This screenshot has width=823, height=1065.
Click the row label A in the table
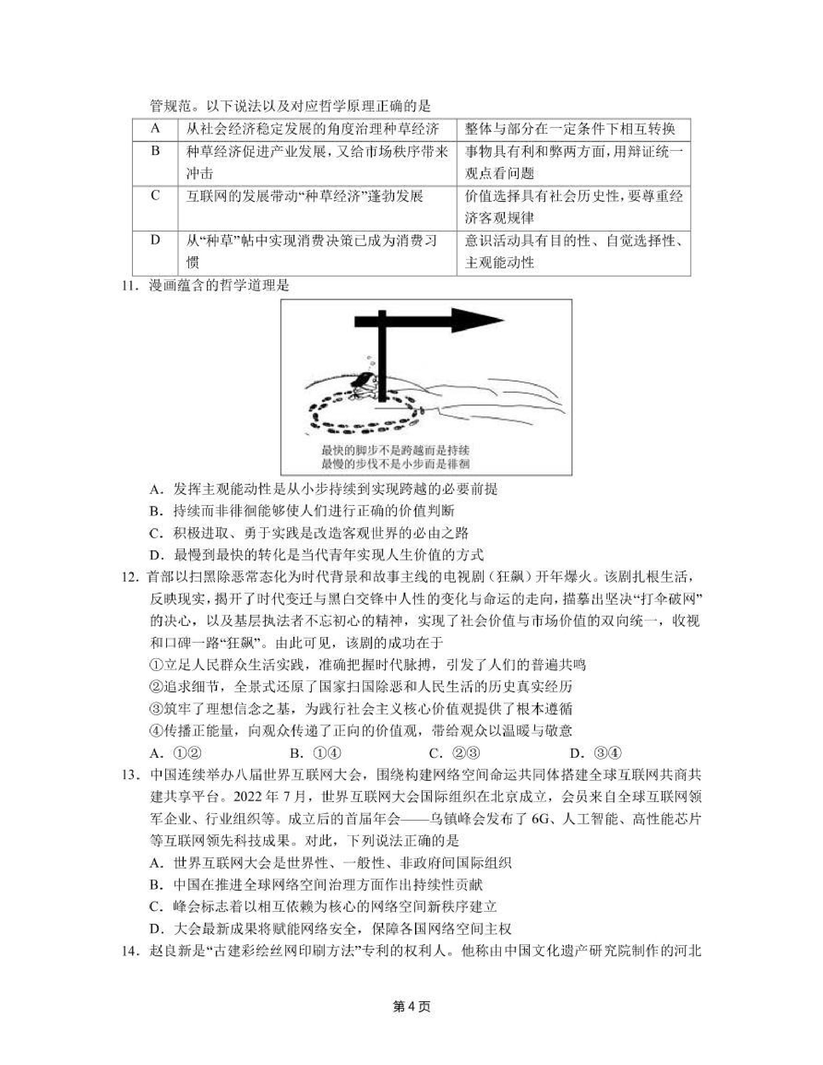(x=155, y=128)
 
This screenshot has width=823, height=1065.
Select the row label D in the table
(x=155, y=240)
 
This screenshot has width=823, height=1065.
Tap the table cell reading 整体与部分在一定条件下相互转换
(x=569, y=129)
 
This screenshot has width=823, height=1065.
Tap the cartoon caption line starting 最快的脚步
(x=395, y=450)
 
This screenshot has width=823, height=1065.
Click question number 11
(x=130, y=285)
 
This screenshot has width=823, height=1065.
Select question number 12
(x=130, y=577)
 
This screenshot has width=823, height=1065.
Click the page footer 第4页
(x=411, y=1007)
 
